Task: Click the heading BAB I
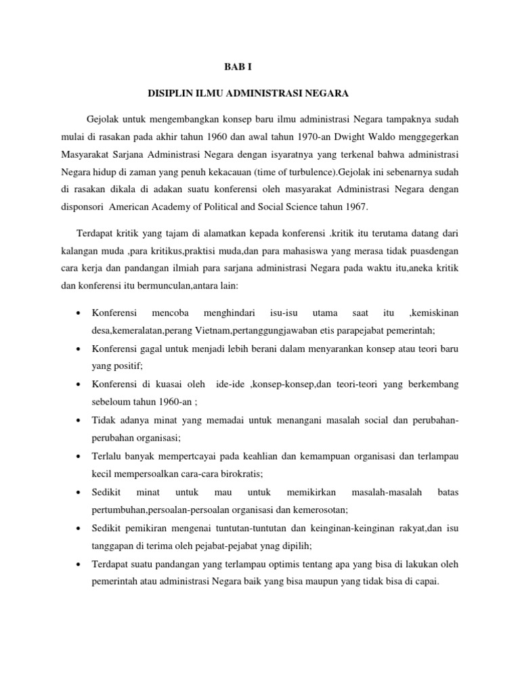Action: pos(238,66)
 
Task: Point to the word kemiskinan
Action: pos(434,313)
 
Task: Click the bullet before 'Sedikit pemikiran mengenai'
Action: pos(79,527)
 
